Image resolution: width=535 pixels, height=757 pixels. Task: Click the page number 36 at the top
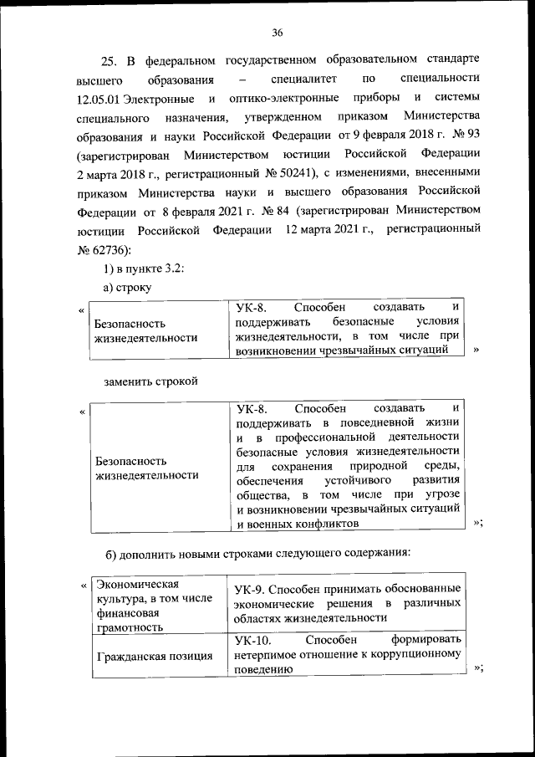click(278, 33)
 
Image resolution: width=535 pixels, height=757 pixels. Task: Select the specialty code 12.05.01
click(98, 100)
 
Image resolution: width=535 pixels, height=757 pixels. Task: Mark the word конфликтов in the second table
click(318, 523)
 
